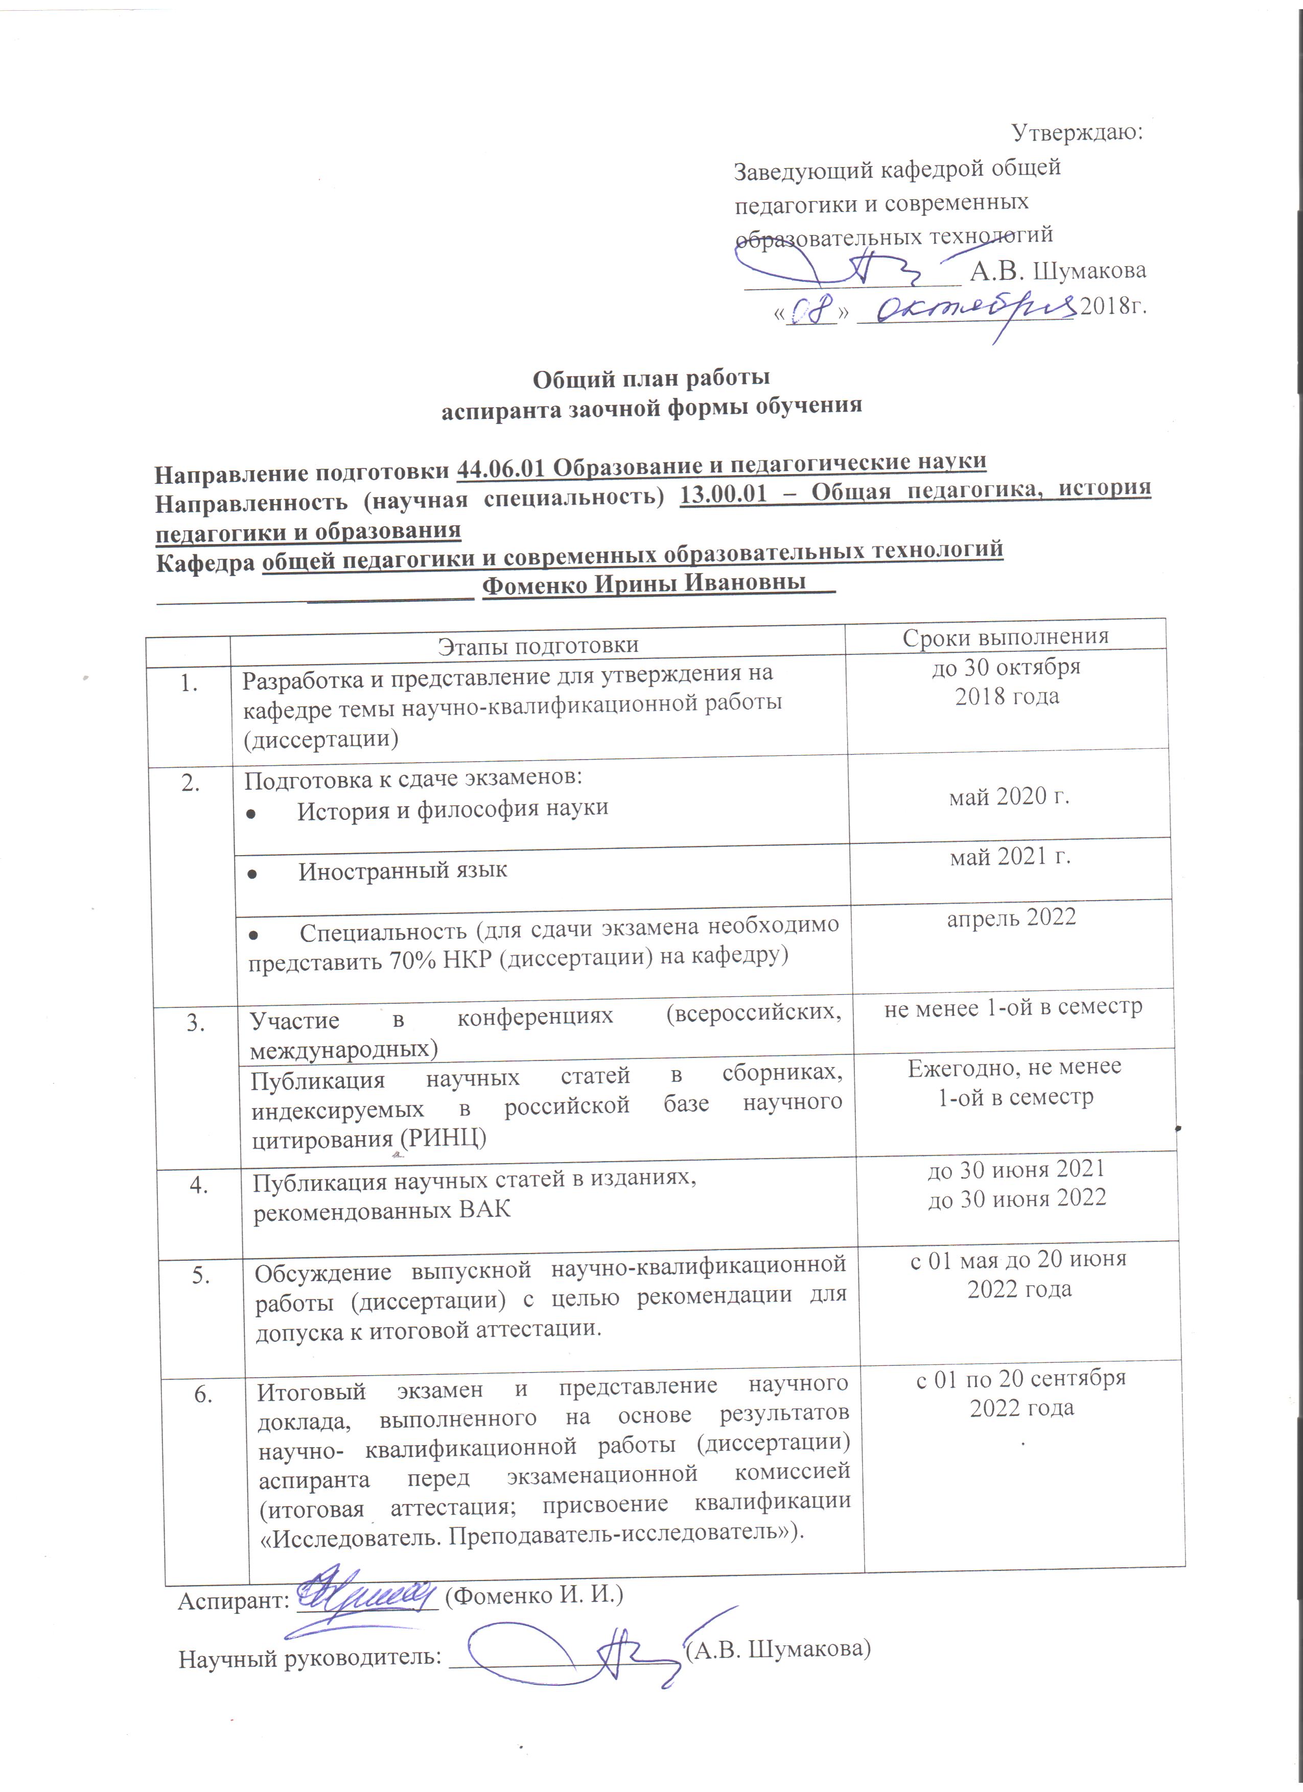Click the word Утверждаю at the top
pyautogui.click(x=1077, y=132)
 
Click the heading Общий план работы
pyautogui.click(x=651, y=379)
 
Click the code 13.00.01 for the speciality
pyautogui.click(x=723, y=494)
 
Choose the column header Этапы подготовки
pyautogui.click(x=538, y=645)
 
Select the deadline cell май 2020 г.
pyautogui.click(x=1009, y=796)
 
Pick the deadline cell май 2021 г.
pyautogui.click(x=1011, y=857)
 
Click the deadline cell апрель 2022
pyautogui.click(x=1011, y=917)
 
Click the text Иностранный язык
pyautogui.click(x=402, y=871)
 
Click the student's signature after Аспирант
pyautogui.click(x=367, y=1596)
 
